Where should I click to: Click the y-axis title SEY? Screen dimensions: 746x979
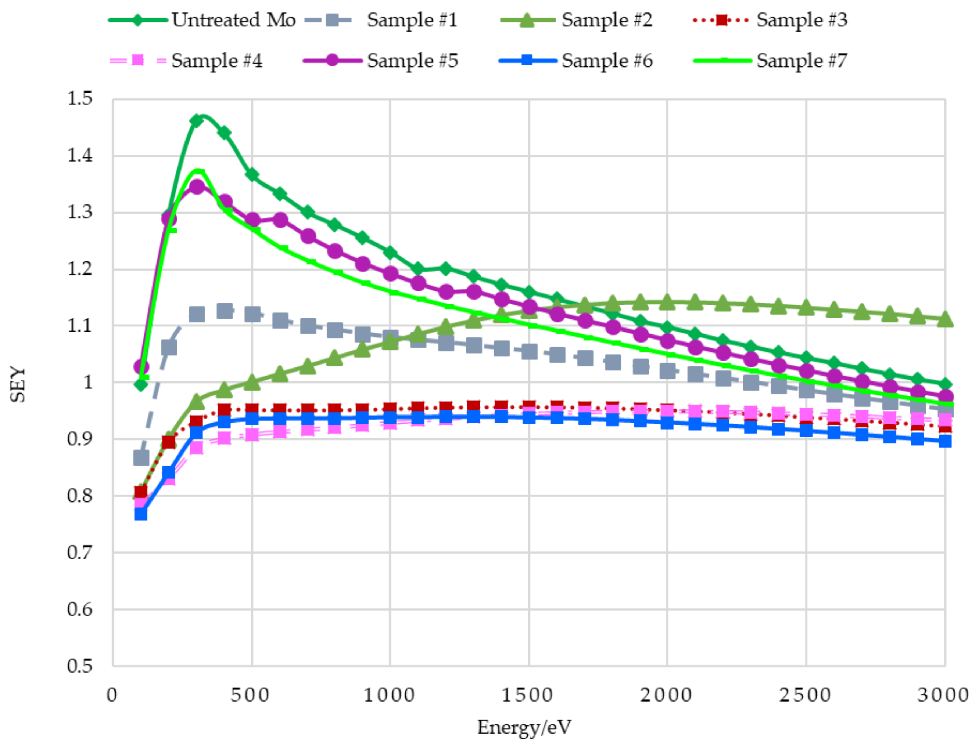pyautogui.click(x=18, y=384)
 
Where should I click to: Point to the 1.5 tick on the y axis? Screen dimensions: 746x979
pyautogui.click(x=80, y=99)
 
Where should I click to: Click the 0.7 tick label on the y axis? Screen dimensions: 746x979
pyautogui.click(x=80, y=553)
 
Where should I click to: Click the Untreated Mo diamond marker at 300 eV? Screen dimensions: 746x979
pyautogui.click(x=196, y=121)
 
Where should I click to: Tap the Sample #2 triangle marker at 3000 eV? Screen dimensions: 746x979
pyautogui.click(x=945, y=320)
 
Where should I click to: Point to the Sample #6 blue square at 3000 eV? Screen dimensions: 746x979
pyautogui.click(x=945, y=441)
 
